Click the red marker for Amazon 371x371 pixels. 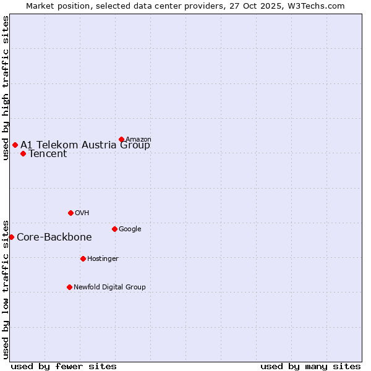tap(121, 139)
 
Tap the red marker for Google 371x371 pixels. tap(114, 229)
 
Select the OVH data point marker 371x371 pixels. tap(70, 213)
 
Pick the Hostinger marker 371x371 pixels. tap(83, 258)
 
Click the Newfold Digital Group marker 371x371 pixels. tap(69, 287)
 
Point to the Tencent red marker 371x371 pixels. tap(23, 153)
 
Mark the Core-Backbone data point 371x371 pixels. tap(11, 237)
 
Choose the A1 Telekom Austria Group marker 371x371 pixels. tap(15, 145)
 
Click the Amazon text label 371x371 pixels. tap(139, 139)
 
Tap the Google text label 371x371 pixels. tap(130, 229)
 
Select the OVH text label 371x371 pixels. tap(82, 213)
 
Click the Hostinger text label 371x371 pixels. tap(103, 258)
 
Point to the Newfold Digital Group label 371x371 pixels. tap(109, 287)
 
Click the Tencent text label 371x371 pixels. tap(48, 154)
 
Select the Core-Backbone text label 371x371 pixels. tap(54, 237)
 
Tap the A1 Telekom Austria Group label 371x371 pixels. tap(85, 145)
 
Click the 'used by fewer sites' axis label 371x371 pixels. tap(64, 366)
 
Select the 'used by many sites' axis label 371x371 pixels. tap(310, 366)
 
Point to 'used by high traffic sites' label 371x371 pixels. tap(6, 88)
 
